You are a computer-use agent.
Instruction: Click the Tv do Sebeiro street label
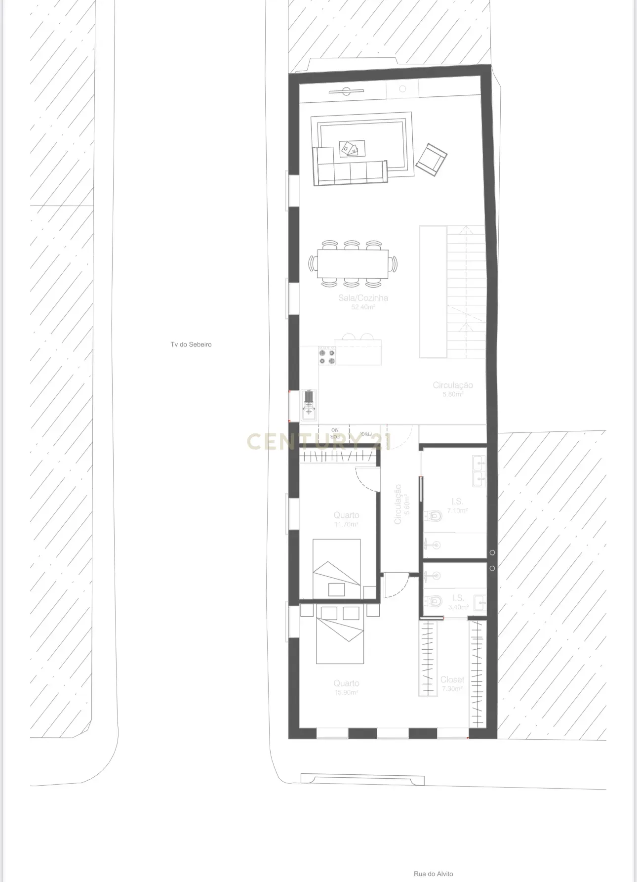click(191, 344)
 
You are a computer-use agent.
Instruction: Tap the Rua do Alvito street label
click(433, 874)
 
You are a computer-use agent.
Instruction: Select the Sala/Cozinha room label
click(363, 298)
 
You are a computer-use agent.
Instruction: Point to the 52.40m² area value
click(363, 307)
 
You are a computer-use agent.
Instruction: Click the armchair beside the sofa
click(431, 159)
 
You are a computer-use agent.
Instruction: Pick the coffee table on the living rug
click(352, 148)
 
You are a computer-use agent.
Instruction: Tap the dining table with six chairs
click(353, 264)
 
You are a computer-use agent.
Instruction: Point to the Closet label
click(452, 679)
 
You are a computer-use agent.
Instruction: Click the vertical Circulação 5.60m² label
click(401, 504)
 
